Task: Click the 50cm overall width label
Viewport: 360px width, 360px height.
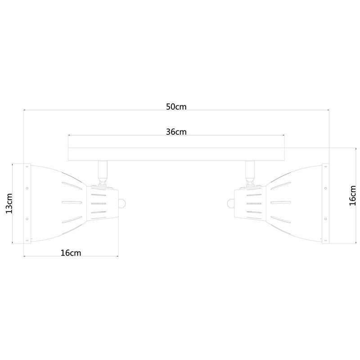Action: [x=176, y=107]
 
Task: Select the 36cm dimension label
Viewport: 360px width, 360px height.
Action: [x=176, y=132]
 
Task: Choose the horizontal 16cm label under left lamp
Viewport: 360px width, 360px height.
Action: [x=71, y=253]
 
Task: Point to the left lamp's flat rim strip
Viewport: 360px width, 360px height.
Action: [x=27, y=203]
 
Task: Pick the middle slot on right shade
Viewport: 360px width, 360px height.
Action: [x=282, y=203]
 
